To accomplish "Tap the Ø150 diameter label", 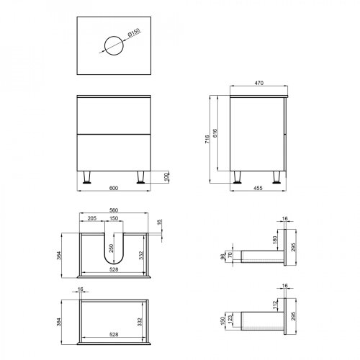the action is point(134,32).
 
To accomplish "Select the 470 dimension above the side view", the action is point(259,83).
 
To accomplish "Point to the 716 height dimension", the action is point(207,139).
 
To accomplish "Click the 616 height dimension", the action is point(215,133).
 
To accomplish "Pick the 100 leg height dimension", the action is point(166,177).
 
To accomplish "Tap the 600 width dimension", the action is point(114,188).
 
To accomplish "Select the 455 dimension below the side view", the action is point(258,188).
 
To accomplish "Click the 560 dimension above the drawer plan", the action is point(114,210).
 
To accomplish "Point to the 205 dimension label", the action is point(92,218).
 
